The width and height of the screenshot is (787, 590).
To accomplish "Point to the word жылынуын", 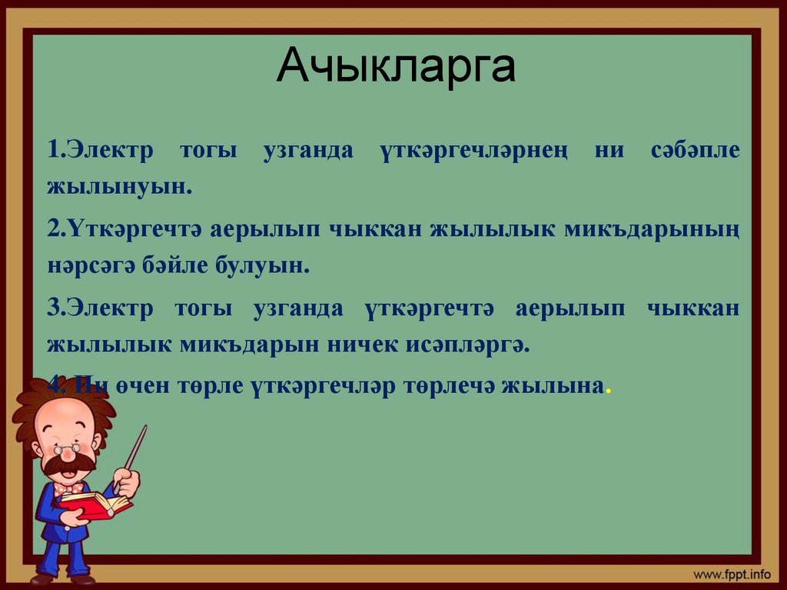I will (118, 187).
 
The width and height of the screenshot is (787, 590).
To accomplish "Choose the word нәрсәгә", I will (93, 266).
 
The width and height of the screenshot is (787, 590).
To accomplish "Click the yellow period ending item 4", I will (609, 391).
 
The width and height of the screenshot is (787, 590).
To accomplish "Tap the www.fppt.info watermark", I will (732, 574).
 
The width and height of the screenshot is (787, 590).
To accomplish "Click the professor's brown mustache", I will (68, 464).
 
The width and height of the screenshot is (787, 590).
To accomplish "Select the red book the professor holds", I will (96, 505).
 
